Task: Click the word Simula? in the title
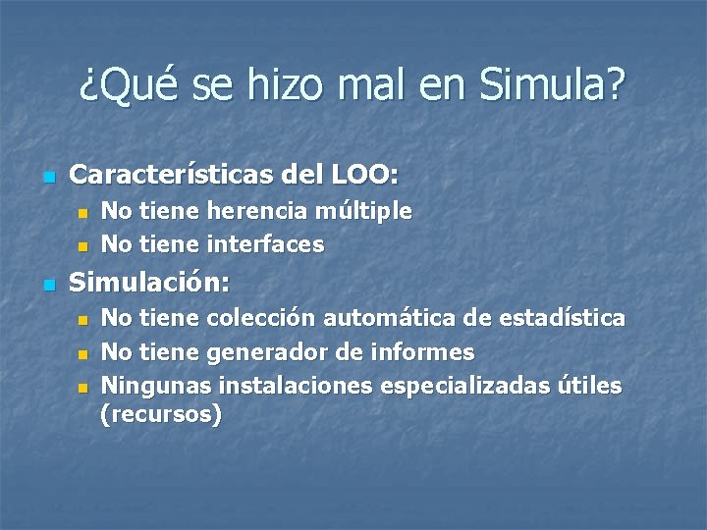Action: [554, 88]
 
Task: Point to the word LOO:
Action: [365, 177]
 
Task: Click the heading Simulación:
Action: [150, 284]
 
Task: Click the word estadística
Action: [562, 318]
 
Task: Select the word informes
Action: [427, 351]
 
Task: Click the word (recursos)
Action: [161, 415]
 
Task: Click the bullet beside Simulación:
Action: [46, 286]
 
